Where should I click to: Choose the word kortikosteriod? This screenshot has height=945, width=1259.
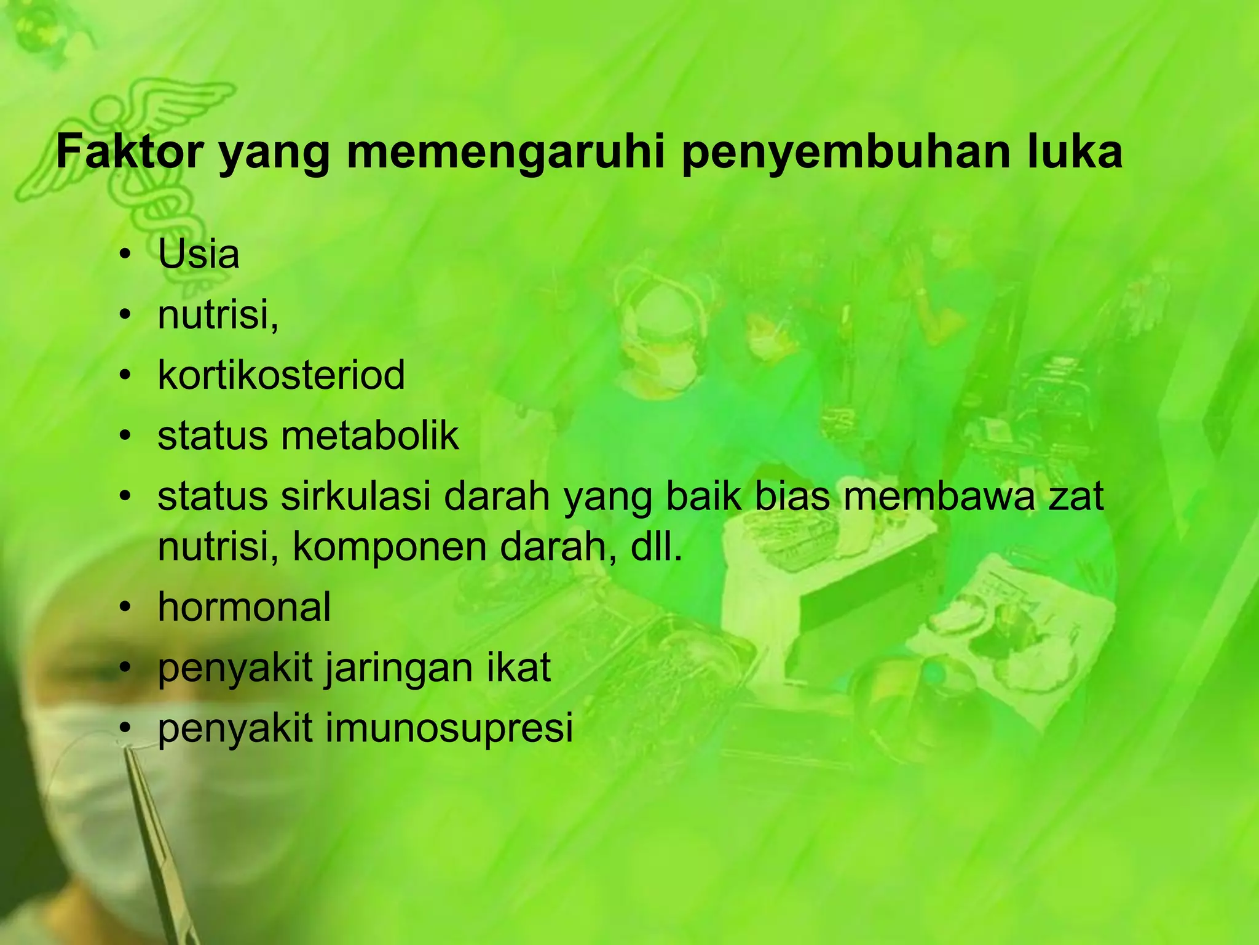[282, 375]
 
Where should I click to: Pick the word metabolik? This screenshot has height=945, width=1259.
[370, 436]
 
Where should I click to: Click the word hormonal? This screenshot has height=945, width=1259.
[244, 607]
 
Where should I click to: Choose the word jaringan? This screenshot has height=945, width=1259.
[400, 669]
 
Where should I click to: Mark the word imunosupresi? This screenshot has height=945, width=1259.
[449, 728]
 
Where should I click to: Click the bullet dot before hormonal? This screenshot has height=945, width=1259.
[126, 608]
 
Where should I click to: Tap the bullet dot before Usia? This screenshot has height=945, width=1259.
[126, 255]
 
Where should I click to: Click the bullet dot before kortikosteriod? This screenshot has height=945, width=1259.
[126, 376]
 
